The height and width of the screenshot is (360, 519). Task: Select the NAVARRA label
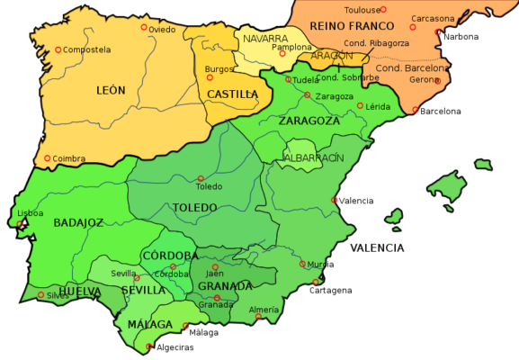pyautogui.click(x=265, y=39)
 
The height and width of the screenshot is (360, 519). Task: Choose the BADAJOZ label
pyautogui.click(x=78, y=222)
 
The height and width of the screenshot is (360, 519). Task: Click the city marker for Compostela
pyautogui.click(x=58, y=50)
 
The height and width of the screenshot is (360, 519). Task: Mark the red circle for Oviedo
pyautogui.click(x=144, y=28)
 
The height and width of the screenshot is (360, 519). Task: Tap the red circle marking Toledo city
pyautogui.click(x=201, y=178)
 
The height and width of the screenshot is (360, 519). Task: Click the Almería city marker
pyautogui.click(x=258, y=316)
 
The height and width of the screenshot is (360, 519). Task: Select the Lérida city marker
pyautogui.click(x=360, y=106)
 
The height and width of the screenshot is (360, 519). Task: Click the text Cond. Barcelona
pyautogui.click(x=411, y=68)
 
